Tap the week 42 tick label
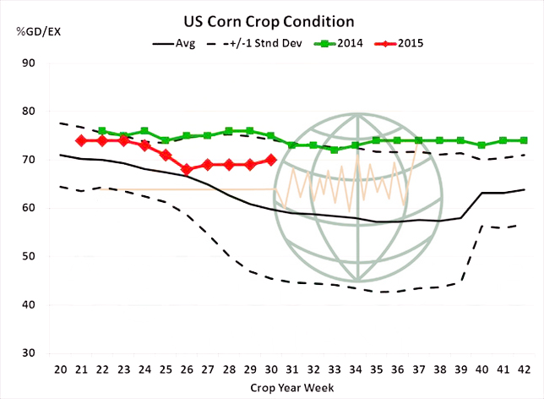[x=523, y=369]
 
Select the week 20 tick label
[x=60, y=369]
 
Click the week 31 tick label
[x=291, y=369]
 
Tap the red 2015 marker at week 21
[x=81, y=140]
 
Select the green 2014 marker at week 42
[x=523, y=140]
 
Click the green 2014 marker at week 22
[x=102, y=131]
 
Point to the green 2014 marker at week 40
[x=481, y=145]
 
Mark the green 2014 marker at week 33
[x=334, y=150]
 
